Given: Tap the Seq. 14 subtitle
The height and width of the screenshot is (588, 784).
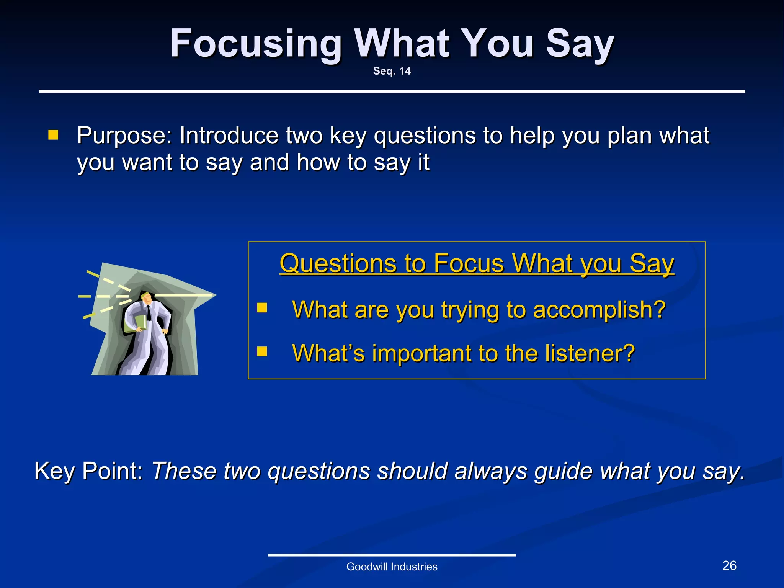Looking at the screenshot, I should [x=392, y=71].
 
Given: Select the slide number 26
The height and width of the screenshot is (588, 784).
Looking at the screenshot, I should [x=729, y=565].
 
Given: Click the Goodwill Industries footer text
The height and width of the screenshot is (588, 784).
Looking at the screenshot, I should [x=392, y=567].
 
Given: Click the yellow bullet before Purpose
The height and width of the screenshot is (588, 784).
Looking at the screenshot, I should [x=53, y=135].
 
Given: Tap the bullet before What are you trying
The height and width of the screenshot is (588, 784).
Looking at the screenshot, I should [x=262, y=308].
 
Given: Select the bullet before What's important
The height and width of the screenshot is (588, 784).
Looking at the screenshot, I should [x=262, y=351].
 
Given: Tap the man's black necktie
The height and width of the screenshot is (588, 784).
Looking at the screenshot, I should [x=149, y=313].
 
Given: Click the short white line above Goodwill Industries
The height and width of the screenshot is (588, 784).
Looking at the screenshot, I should [x=392, y=555].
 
